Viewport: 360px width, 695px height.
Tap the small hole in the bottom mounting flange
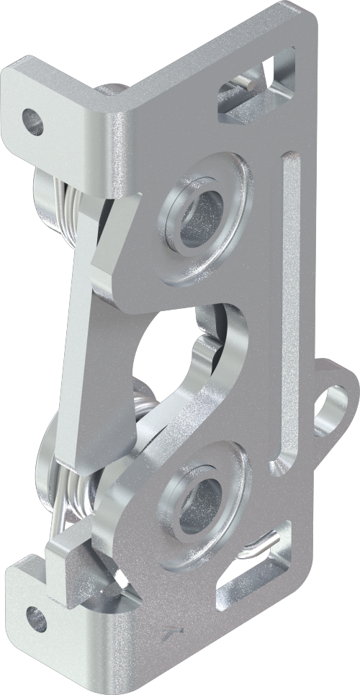coord(36,618)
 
